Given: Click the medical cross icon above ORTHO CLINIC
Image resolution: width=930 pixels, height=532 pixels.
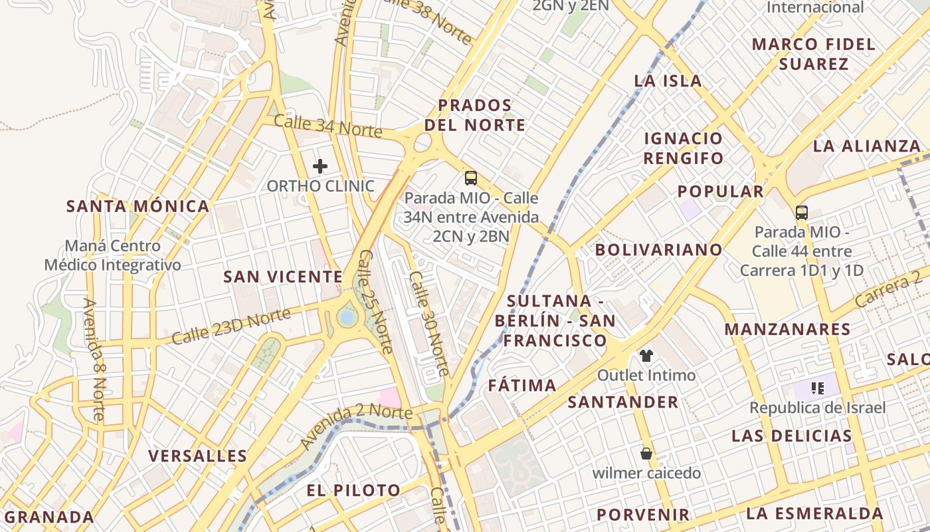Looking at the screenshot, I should [x=320, y=166].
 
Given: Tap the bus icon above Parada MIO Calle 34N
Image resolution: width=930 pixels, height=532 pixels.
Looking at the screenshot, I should [x=471, y=178].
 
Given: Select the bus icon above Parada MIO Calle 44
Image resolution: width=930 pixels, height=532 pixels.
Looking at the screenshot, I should [x=802, y=213].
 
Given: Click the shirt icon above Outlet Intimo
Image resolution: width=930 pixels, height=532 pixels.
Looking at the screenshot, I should [x=646, y=355].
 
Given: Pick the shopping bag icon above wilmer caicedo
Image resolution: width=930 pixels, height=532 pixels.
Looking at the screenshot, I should [x=646, y=454].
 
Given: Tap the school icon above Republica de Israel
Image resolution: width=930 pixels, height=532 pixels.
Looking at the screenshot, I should [x=817, y=388].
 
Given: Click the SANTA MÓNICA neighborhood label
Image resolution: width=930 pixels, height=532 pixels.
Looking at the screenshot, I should [x=138, y=206].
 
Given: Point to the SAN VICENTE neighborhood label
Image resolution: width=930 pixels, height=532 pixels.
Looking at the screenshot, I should [x=283, y=277].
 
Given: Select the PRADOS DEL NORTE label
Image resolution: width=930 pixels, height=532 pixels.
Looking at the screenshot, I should [x=475, y=115].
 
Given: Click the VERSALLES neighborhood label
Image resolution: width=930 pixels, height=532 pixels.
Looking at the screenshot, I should [x=197, y=456].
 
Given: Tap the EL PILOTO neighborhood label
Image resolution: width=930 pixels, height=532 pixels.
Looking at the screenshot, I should [x=353, y=491].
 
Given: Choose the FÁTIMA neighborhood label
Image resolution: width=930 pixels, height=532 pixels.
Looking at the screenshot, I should [x=522, y=386].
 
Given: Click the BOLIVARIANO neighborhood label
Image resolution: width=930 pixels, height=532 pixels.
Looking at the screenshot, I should [x=658, y=250].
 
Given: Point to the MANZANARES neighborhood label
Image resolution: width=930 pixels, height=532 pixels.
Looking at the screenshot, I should [x=787, y=329].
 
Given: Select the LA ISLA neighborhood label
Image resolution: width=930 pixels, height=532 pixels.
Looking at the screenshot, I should [x=668, y=81].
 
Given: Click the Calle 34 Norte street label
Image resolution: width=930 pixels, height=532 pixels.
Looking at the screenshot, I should [x=327, y=126].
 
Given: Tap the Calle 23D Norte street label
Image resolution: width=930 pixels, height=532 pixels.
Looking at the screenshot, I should [x=231, y=327].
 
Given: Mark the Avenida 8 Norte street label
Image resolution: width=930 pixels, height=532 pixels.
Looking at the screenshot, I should [x=94, y=359].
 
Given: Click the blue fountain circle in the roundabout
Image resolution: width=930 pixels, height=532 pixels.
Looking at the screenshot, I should [x=346, y=317].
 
